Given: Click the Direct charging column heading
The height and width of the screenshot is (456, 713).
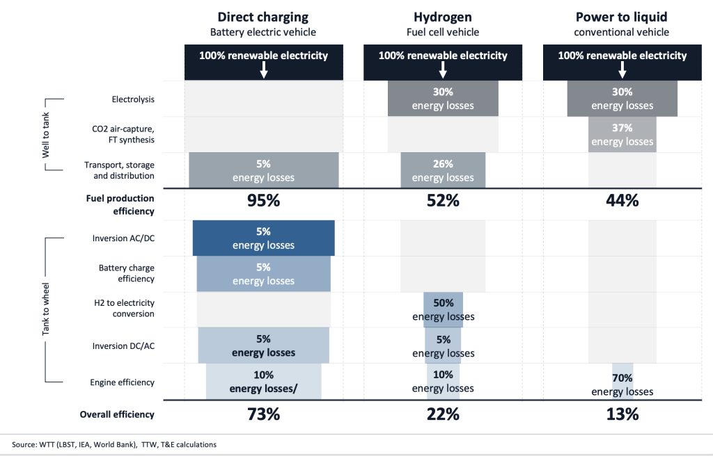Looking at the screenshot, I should coord(263,17).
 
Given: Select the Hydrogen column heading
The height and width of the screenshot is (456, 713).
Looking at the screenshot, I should coord(443,17).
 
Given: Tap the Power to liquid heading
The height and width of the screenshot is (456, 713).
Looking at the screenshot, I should coord(622,17).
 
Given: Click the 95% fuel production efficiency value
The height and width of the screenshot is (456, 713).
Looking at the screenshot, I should coord(263,201).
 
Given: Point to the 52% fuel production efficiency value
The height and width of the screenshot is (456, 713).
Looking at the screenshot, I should coord(443,201).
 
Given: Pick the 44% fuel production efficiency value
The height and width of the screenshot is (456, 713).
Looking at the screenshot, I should coord(622,201).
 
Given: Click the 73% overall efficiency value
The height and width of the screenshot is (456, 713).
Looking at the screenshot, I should coord(263,414).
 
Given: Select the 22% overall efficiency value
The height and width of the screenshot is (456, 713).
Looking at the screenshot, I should coord(443,414).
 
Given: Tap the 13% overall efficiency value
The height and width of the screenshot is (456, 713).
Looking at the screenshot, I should coord(622,414).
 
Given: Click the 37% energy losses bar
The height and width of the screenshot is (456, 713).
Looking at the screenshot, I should coord(622,135).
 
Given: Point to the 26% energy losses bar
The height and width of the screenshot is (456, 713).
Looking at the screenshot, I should coord(443,170).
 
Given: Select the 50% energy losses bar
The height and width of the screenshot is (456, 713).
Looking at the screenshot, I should coord(443,310).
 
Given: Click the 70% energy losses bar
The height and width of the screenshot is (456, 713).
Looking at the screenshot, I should coord(622,383).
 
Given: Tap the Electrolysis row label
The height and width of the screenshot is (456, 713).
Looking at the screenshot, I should coord(133,99).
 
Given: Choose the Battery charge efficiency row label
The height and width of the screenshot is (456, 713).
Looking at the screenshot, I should coord(126,272).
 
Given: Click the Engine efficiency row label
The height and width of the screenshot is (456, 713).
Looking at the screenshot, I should coord(122,382).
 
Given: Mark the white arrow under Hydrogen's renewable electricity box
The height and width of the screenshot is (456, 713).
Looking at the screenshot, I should coord(443,70).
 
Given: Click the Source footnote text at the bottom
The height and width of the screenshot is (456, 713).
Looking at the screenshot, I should coord(114,444).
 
